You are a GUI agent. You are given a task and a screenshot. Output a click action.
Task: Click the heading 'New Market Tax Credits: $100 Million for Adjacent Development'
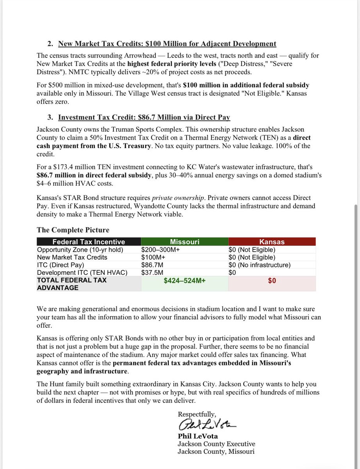coord(167,44)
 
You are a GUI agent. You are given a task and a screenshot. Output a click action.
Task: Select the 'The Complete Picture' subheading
coord(73,230)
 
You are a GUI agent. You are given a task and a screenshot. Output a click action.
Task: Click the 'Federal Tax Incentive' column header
coord(89,242)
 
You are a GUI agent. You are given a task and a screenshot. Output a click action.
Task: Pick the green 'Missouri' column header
coord(184,242)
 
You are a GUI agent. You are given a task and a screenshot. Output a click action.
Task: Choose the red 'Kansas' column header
coord(272,242)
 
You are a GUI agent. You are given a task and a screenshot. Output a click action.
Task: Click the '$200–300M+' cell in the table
coord(160,250)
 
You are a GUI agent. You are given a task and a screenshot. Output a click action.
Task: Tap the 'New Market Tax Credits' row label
coord(72,258)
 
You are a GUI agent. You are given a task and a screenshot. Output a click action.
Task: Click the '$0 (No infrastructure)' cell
coord(260,265)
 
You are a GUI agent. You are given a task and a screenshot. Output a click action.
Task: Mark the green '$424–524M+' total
coord(184,281)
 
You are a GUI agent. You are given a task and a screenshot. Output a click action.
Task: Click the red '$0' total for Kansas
coord(272,281)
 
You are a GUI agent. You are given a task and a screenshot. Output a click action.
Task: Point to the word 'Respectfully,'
coord(197,414)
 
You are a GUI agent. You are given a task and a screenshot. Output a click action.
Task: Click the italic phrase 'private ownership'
coord(175,198)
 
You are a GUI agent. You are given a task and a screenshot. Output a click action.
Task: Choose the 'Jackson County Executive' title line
coord(216,444)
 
